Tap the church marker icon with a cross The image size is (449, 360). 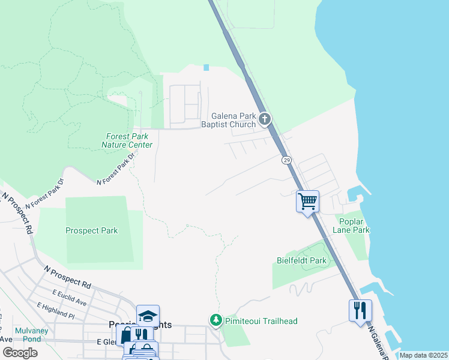[x=265, y=119]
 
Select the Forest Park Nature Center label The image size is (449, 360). [x=127, y=140]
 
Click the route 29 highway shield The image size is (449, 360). [x=286, y=160]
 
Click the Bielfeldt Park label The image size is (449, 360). [x=301, y=260]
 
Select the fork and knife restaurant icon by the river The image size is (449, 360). [x=360, y=310]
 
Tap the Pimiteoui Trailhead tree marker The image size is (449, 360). [x=215, y=320]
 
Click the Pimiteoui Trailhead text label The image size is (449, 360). [x=261, y=321]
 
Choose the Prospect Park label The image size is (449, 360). [x=92, y=230]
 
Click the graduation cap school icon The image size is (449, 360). [x=148, y=316]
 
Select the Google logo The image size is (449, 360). [x=20, y=352]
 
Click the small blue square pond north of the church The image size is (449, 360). [x=207, y=67]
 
